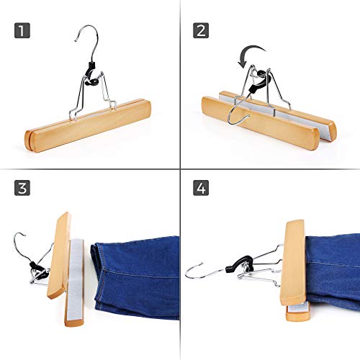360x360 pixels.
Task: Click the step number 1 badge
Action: (x=22, y=30)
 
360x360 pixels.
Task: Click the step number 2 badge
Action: (x=201, y=30)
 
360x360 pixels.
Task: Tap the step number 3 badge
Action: (x=22, y=188)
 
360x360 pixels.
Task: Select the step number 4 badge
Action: (x=201, y=188)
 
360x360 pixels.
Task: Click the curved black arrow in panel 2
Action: (x=250, y=49)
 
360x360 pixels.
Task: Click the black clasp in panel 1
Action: (x=92, y=74)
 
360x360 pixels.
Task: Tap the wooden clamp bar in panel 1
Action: (x=88, y=125)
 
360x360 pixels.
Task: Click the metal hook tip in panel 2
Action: (x=248, y=116)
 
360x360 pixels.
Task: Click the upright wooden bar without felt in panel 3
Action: (x=60, y=256)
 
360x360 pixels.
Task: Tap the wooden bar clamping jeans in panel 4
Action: (x=293, y=263)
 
